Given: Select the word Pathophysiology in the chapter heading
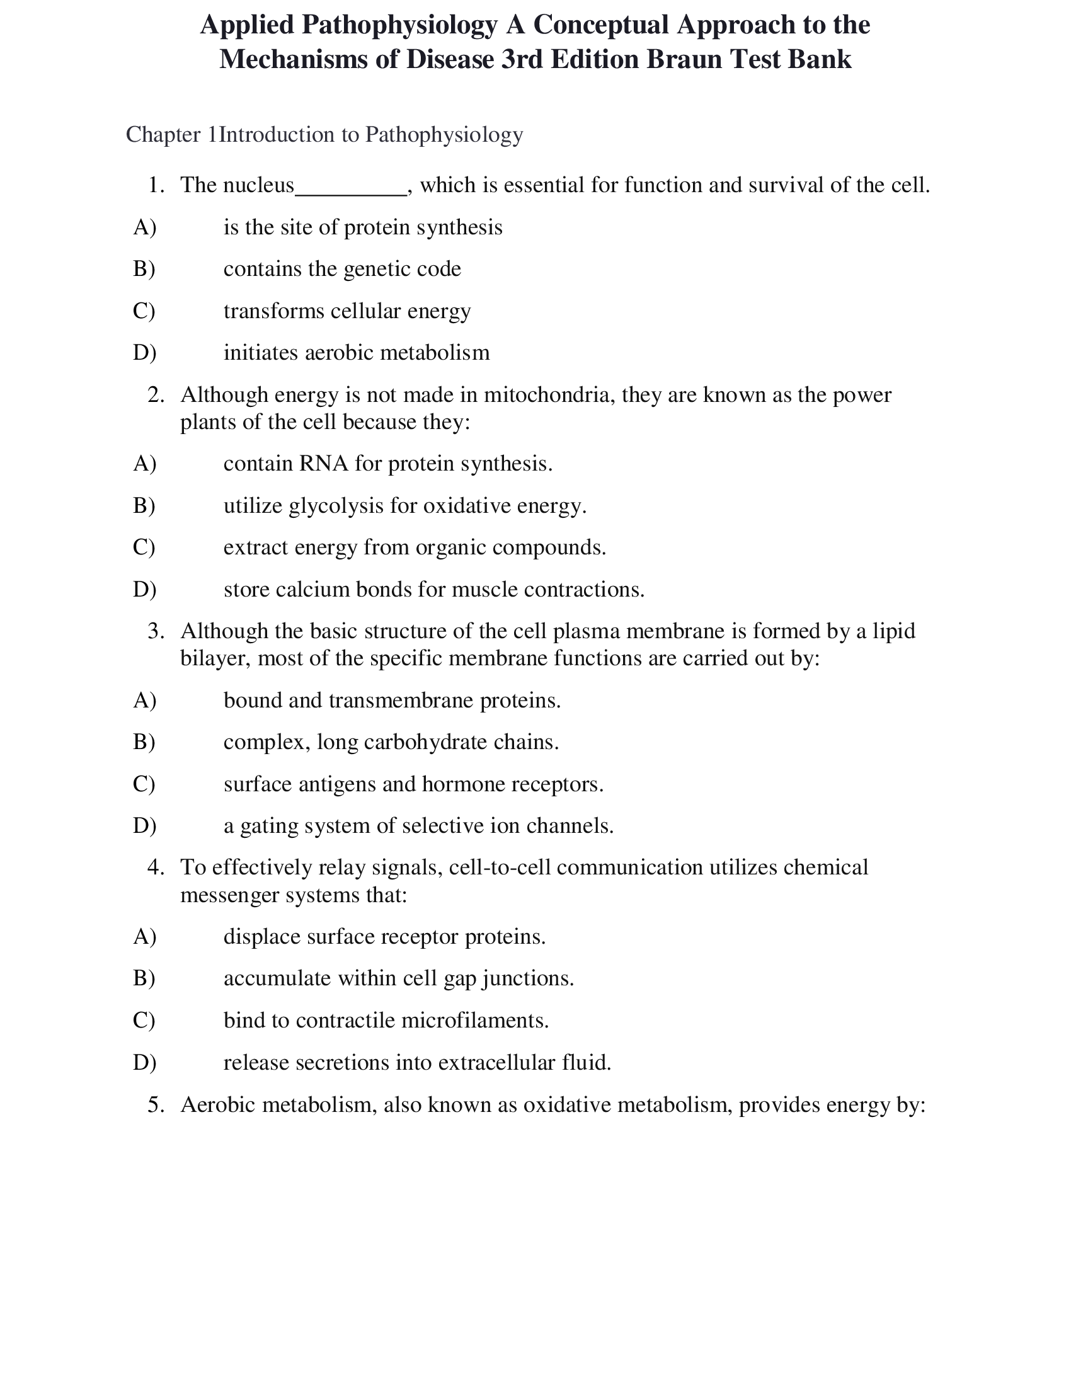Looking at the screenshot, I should (x=444, y=135).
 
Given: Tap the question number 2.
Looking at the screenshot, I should (x=156, y=396).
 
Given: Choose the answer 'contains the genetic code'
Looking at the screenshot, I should (x=342, y=269).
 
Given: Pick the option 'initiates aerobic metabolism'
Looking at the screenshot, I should (x=357, y=353).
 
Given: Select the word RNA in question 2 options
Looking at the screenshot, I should (x=324, y=464).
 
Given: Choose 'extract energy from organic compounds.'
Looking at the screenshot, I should (x=415, y=547).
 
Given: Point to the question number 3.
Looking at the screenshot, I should (x=156, y=631).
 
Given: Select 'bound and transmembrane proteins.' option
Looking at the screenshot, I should (x=392, y=701).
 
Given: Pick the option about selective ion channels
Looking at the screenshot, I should (x=418, y=826).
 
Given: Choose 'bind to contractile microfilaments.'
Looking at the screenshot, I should (x=386, y=1021).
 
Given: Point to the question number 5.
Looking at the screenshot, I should (x=156, y=1105).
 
